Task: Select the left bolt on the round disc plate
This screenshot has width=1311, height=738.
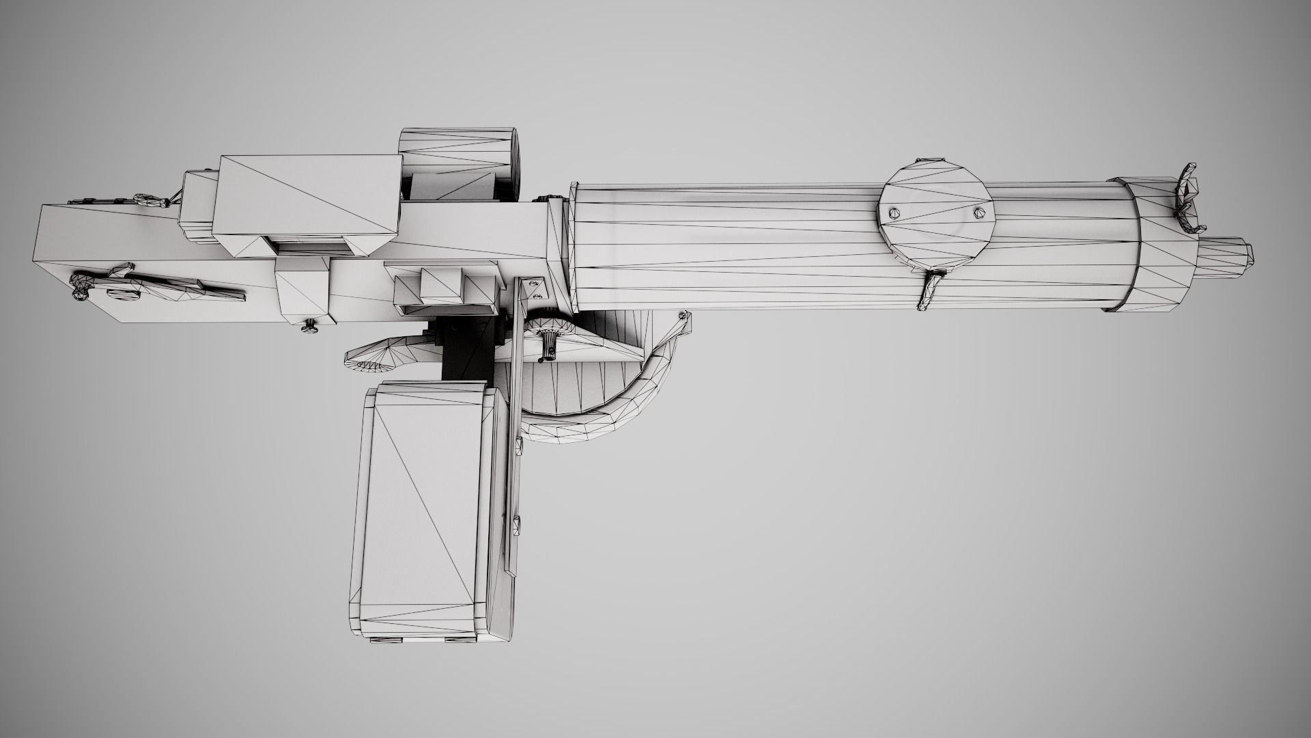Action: click(894, 213)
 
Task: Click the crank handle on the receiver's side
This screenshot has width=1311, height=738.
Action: click(164, 284)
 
